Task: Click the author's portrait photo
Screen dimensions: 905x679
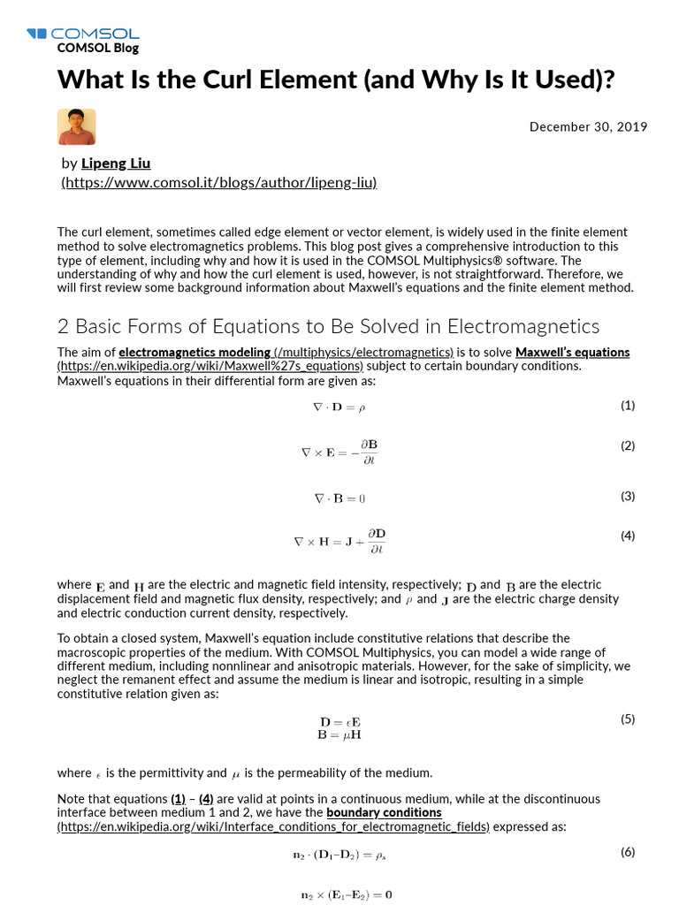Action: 76,127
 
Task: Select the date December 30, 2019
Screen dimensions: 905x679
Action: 588,126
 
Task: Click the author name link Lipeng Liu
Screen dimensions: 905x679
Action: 116,163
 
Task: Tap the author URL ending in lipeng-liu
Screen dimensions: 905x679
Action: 219,182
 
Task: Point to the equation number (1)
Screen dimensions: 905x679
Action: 627,406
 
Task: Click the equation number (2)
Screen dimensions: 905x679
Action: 627,445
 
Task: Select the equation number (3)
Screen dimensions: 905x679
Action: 627,496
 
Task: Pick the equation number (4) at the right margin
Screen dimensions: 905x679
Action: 627,536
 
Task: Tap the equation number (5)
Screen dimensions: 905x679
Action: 627,719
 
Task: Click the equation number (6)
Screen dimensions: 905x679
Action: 627,852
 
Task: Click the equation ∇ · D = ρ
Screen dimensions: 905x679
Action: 339,407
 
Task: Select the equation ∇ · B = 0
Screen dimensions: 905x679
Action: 339,498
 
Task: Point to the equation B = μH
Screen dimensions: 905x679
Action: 339,734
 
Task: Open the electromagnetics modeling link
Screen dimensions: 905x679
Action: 195,352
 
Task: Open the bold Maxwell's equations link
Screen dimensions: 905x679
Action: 572,352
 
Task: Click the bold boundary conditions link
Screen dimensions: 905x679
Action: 384,812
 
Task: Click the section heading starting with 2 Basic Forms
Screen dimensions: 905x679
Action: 328,326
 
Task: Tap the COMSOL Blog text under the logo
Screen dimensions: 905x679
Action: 97,49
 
